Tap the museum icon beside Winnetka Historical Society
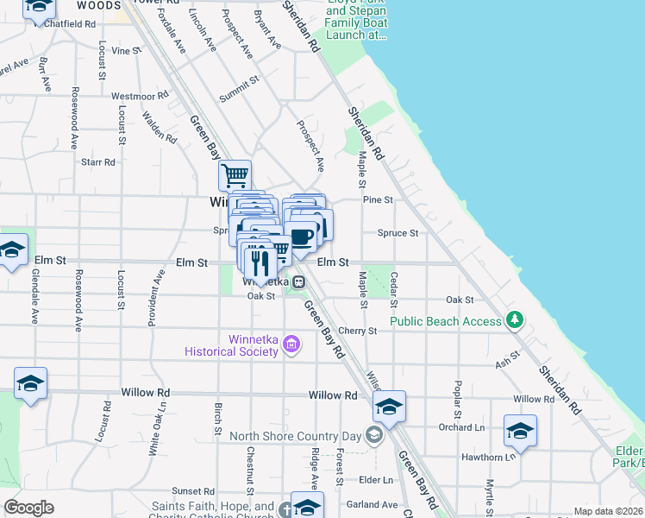click(291, 346)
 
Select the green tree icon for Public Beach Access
click(515, 320)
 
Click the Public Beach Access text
click(445, 321)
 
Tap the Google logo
click(28, 508)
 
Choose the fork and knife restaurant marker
click(259, 261)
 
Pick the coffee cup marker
click(302, 235)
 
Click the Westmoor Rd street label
click(140, 96)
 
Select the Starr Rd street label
click(97, 161)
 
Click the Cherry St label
click(359, 331)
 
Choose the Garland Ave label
click(372, 504)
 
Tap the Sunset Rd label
click(192, 490)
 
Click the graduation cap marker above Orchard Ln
click(389, 406)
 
